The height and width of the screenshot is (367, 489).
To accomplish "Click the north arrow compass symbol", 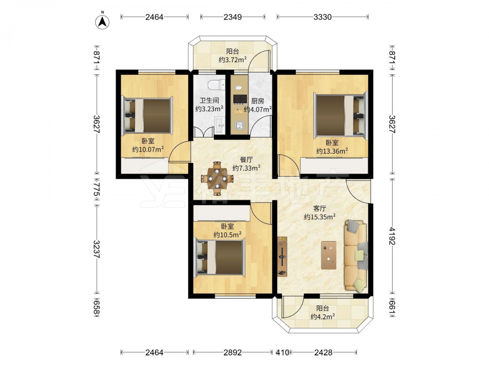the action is pyautogui.click(x=102, y=22).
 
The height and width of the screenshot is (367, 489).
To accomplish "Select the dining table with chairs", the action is pyautogui.click(x=217, y=179).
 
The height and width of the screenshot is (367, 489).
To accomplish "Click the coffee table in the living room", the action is pyautogui.click(x=329, y=255).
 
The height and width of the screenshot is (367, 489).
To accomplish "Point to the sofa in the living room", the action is pyautogui.click(x=356, y=256).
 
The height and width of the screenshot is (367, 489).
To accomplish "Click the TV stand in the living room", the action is pyautogui.click(x=283, y=256).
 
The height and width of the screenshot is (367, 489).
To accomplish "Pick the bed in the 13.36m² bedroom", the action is pyautogui.click(x=340, y=115).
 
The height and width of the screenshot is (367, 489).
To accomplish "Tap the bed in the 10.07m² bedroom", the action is pyautogui.click(x=148, y=115).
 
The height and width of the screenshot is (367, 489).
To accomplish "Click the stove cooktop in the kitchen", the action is pyautogui.click(x=239, y=99).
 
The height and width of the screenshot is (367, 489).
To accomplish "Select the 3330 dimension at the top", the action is pyautogui.click(x=322, y=17).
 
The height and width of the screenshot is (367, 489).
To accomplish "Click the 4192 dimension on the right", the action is pyautogui.click(x=392, y=236).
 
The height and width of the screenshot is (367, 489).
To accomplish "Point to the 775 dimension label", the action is pyautogui.click(x=96, y=192).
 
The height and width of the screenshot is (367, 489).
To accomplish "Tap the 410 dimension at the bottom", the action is pyautogui.click(x=283, y=353).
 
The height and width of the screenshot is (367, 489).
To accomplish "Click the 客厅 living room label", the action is pyautogui.click(x=320, y=208).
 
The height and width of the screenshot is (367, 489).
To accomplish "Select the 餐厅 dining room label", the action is pyautogui.click(x=246, y=160).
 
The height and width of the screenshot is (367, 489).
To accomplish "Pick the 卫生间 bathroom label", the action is pyautogui.click(x=209, y=100).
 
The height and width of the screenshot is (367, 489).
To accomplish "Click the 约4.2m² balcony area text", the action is pyautogui.click(x=323, y=317).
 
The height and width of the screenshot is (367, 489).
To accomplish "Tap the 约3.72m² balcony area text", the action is pyautogui.click(x=233, y=59).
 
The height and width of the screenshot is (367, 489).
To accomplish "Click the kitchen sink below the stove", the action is pyautogui.click(x=240, y=125).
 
